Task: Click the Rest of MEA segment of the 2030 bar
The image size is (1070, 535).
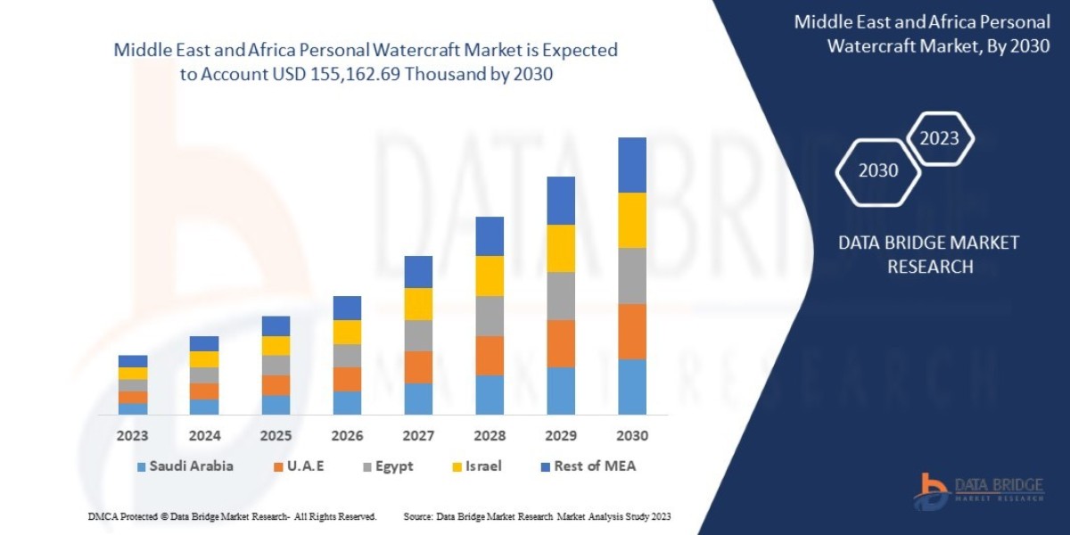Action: coord(631,165)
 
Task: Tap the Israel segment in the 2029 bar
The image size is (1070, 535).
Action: coord(560,248)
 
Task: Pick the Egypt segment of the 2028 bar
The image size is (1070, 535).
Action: coord(490,316)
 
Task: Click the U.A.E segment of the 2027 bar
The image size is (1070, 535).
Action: coord(418,366)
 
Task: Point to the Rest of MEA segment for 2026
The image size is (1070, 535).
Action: coord(347,308)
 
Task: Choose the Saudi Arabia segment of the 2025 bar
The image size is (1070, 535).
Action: coord(276,405)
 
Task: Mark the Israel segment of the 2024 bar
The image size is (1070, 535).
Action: coord(204,359)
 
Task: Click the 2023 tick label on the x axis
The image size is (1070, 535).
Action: coord(133,436)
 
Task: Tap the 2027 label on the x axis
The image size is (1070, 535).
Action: coord(418,436)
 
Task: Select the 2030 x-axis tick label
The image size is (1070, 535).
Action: coord(631,436)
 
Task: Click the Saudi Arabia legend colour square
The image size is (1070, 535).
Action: coord(141,467)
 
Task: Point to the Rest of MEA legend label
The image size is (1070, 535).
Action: coord(595,466)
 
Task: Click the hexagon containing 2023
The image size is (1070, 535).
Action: coord(939,139)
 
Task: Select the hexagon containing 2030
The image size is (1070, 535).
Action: coord(878,170)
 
